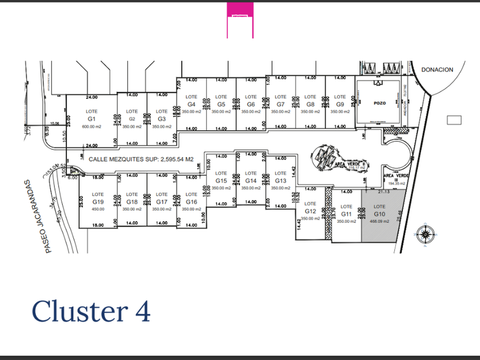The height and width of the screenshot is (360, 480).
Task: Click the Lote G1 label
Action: pyautogui.click(x=91, y=115)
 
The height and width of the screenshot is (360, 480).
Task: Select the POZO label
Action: pyautogui.click(x=381, y=103)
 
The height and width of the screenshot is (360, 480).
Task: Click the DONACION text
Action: pyautogui.click(x=437, y=70)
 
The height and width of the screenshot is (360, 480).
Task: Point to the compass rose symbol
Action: pyautogui.click(x=425, y=234)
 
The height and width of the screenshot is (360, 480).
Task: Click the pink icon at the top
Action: pyautogui.click(x=240, y=20)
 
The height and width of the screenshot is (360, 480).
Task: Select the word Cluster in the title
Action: pyautogui.click(x=79, y=311)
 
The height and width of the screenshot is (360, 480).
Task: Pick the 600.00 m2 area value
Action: pyautogui.click(x=91, y=126)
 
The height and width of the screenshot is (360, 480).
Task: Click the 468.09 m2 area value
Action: pyautogui.click(x=379, y=221)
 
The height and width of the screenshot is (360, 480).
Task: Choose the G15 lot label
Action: pyautogui.click(x=221, y=181)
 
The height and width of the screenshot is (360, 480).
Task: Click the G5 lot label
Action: pyautogui.click(x=221, y=105)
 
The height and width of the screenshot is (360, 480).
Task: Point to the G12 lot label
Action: pyautogui.click(x=310, y=210)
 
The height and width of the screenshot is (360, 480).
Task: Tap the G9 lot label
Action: pyautogui.click(x=340, y=105)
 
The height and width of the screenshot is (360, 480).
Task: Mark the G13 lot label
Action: pyautogui.click(x=281, y=181)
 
